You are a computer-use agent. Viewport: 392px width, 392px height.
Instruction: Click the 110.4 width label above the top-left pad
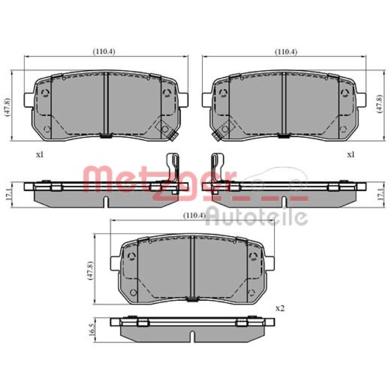tap(104, 52)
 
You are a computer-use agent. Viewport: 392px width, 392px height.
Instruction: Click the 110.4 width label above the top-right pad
tap(286, 52)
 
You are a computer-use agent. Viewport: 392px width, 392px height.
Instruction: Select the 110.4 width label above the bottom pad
tap(195, 216)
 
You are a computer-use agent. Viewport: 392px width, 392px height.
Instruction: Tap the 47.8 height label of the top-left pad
tap(8, 107)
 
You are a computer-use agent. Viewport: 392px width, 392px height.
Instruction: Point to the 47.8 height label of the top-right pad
tap(380, 104)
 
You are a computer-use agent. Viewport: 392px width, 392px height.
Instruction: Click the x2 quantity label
tap(280, 309)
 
